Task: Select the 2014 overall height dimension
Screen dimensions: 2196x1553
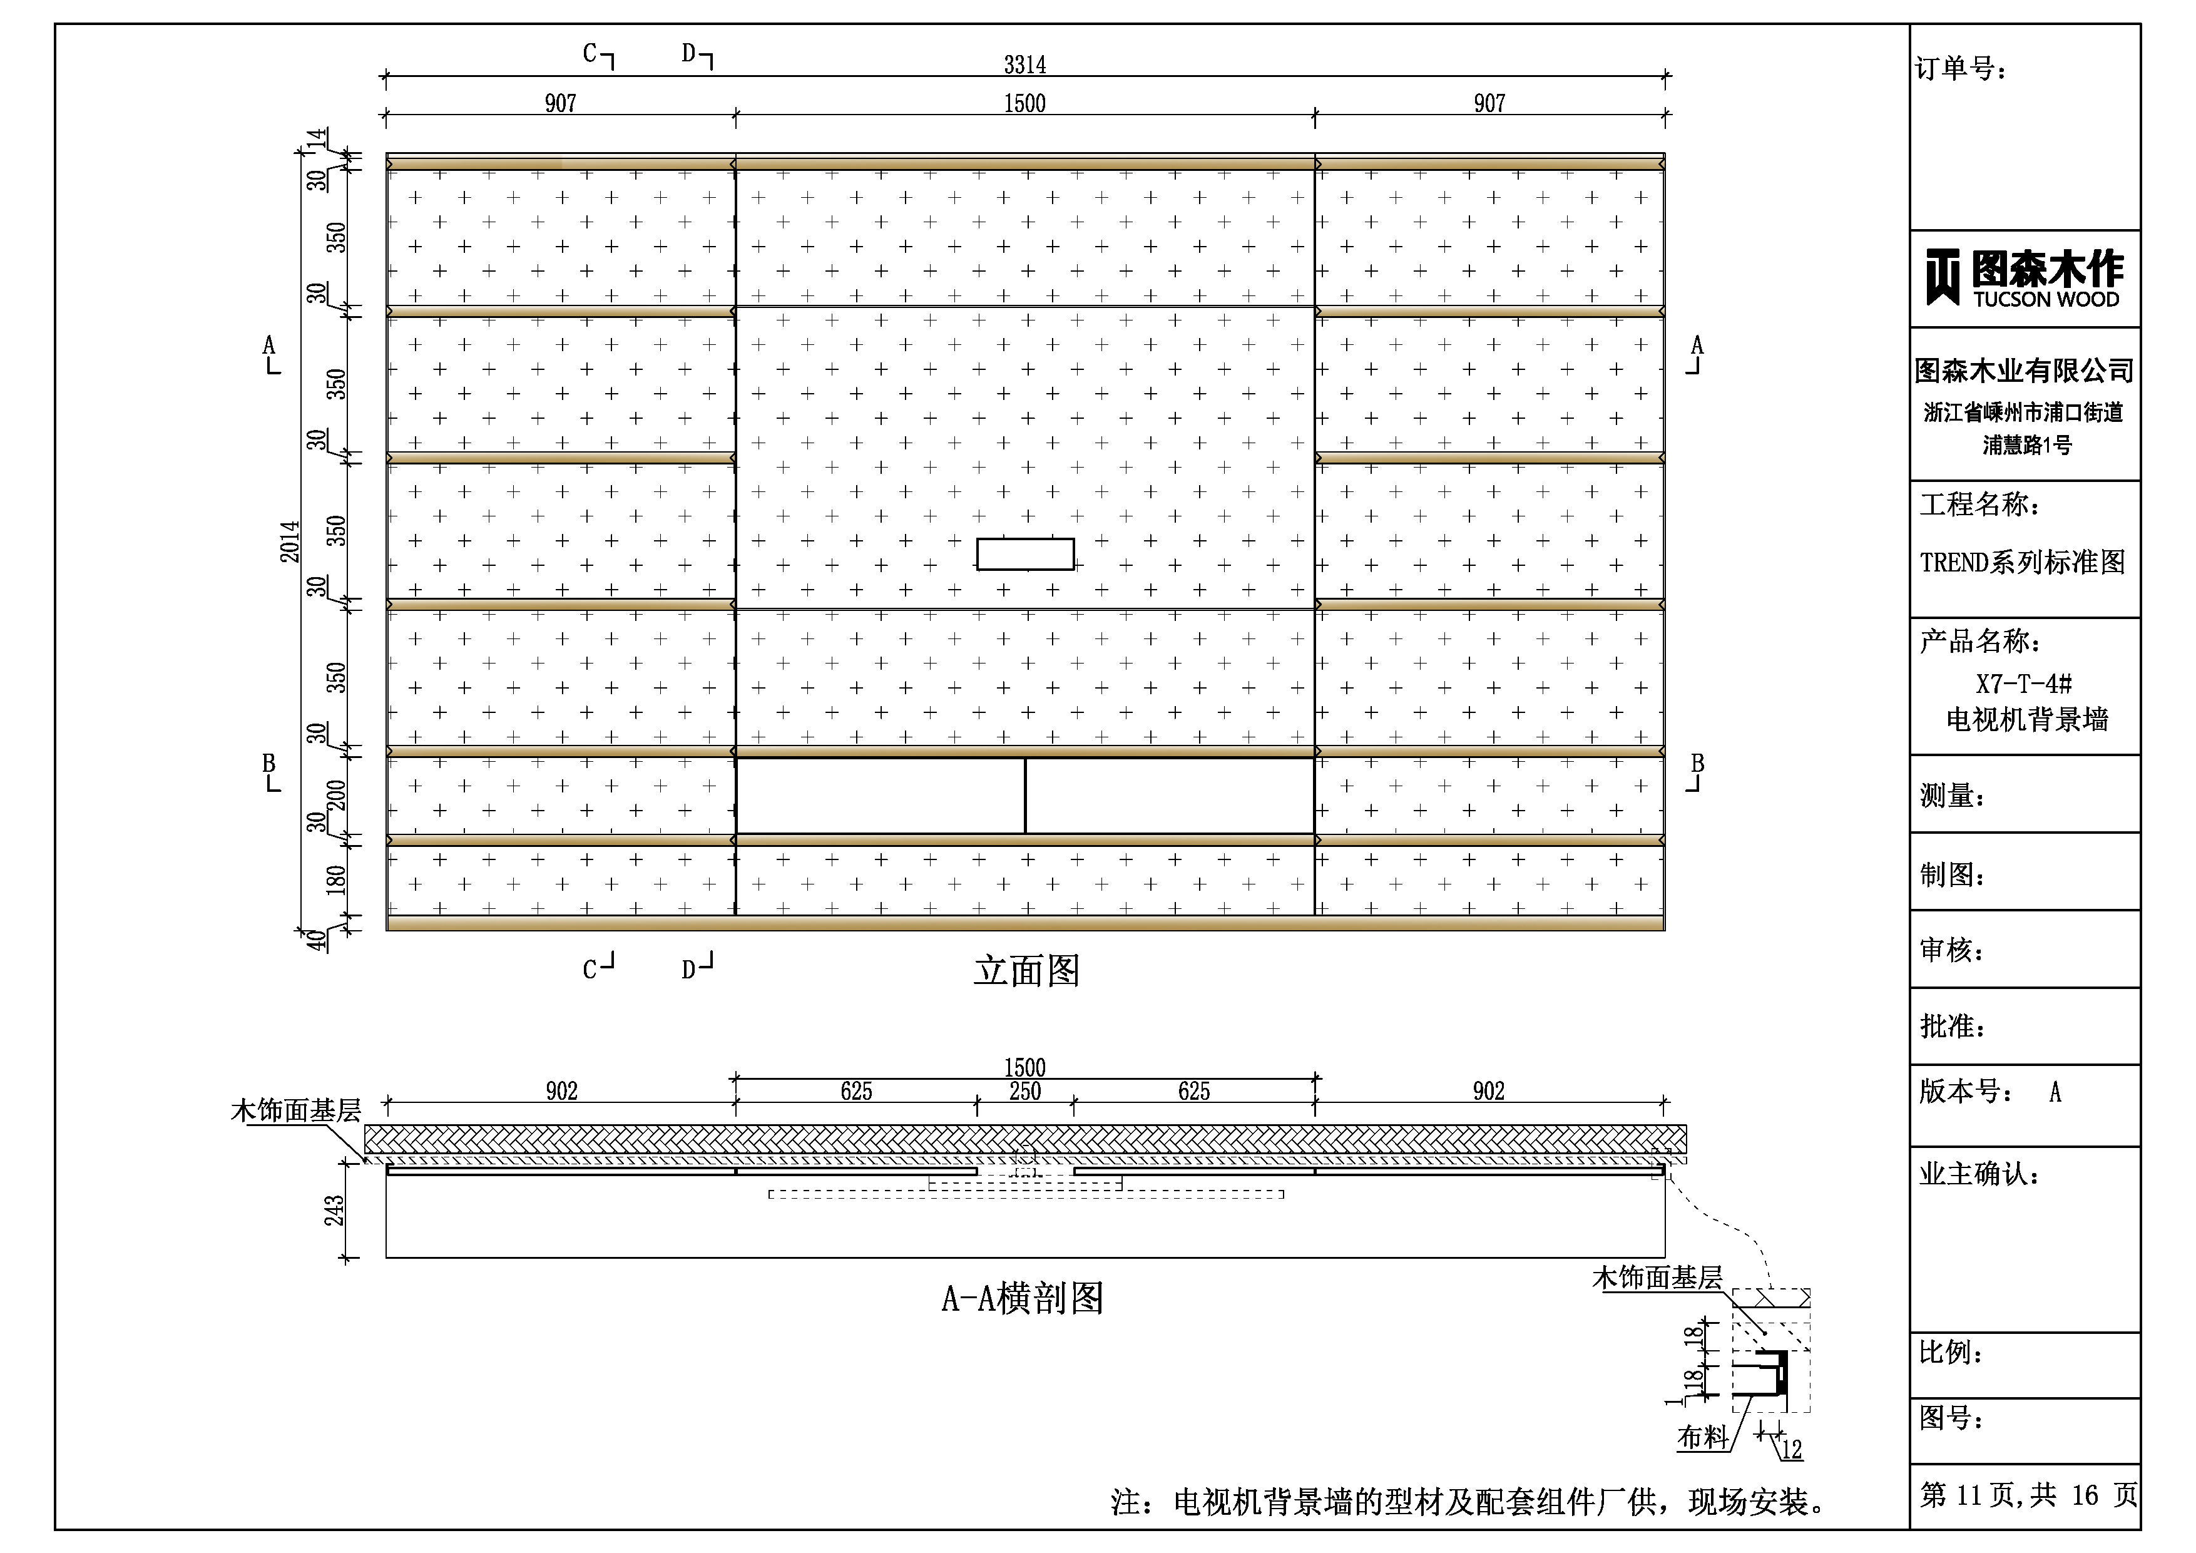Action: [x=289, y=541]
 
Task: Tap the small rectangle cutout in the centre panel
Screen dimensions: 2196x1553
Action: [x=1024, y=554]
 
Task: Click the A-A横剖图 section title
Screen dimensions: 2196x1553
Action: [x=1023, y=1298]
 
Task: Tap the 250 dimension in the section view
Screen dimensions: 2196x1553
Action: [x=1024, y=1091]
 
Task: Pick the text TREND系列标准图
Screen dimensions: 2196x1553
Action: [x=2022, y=561]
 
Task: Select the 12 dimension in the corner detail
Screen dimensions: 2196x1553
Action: [x=1792, y=1448]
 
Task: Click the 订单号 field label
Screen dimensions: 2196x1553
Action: [x=1960, y=69]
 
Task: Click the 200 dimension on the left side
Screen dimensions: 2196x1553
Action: [x=335, y=795]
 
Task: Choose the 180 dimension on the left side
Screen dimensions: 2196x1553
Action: [x=335, y=879]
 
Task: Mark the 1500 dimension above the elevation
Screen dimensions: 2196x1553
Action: [x=1024, y=103]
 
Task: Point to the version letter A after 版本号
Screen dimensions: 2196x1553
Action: [x=2055, y=1092]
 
